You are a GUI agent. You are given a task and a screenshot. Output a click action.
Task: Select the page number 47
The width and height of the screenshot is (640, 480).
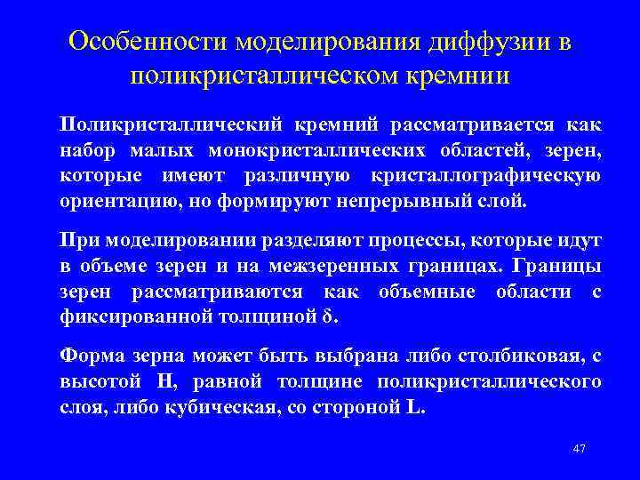pos(580,448)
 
